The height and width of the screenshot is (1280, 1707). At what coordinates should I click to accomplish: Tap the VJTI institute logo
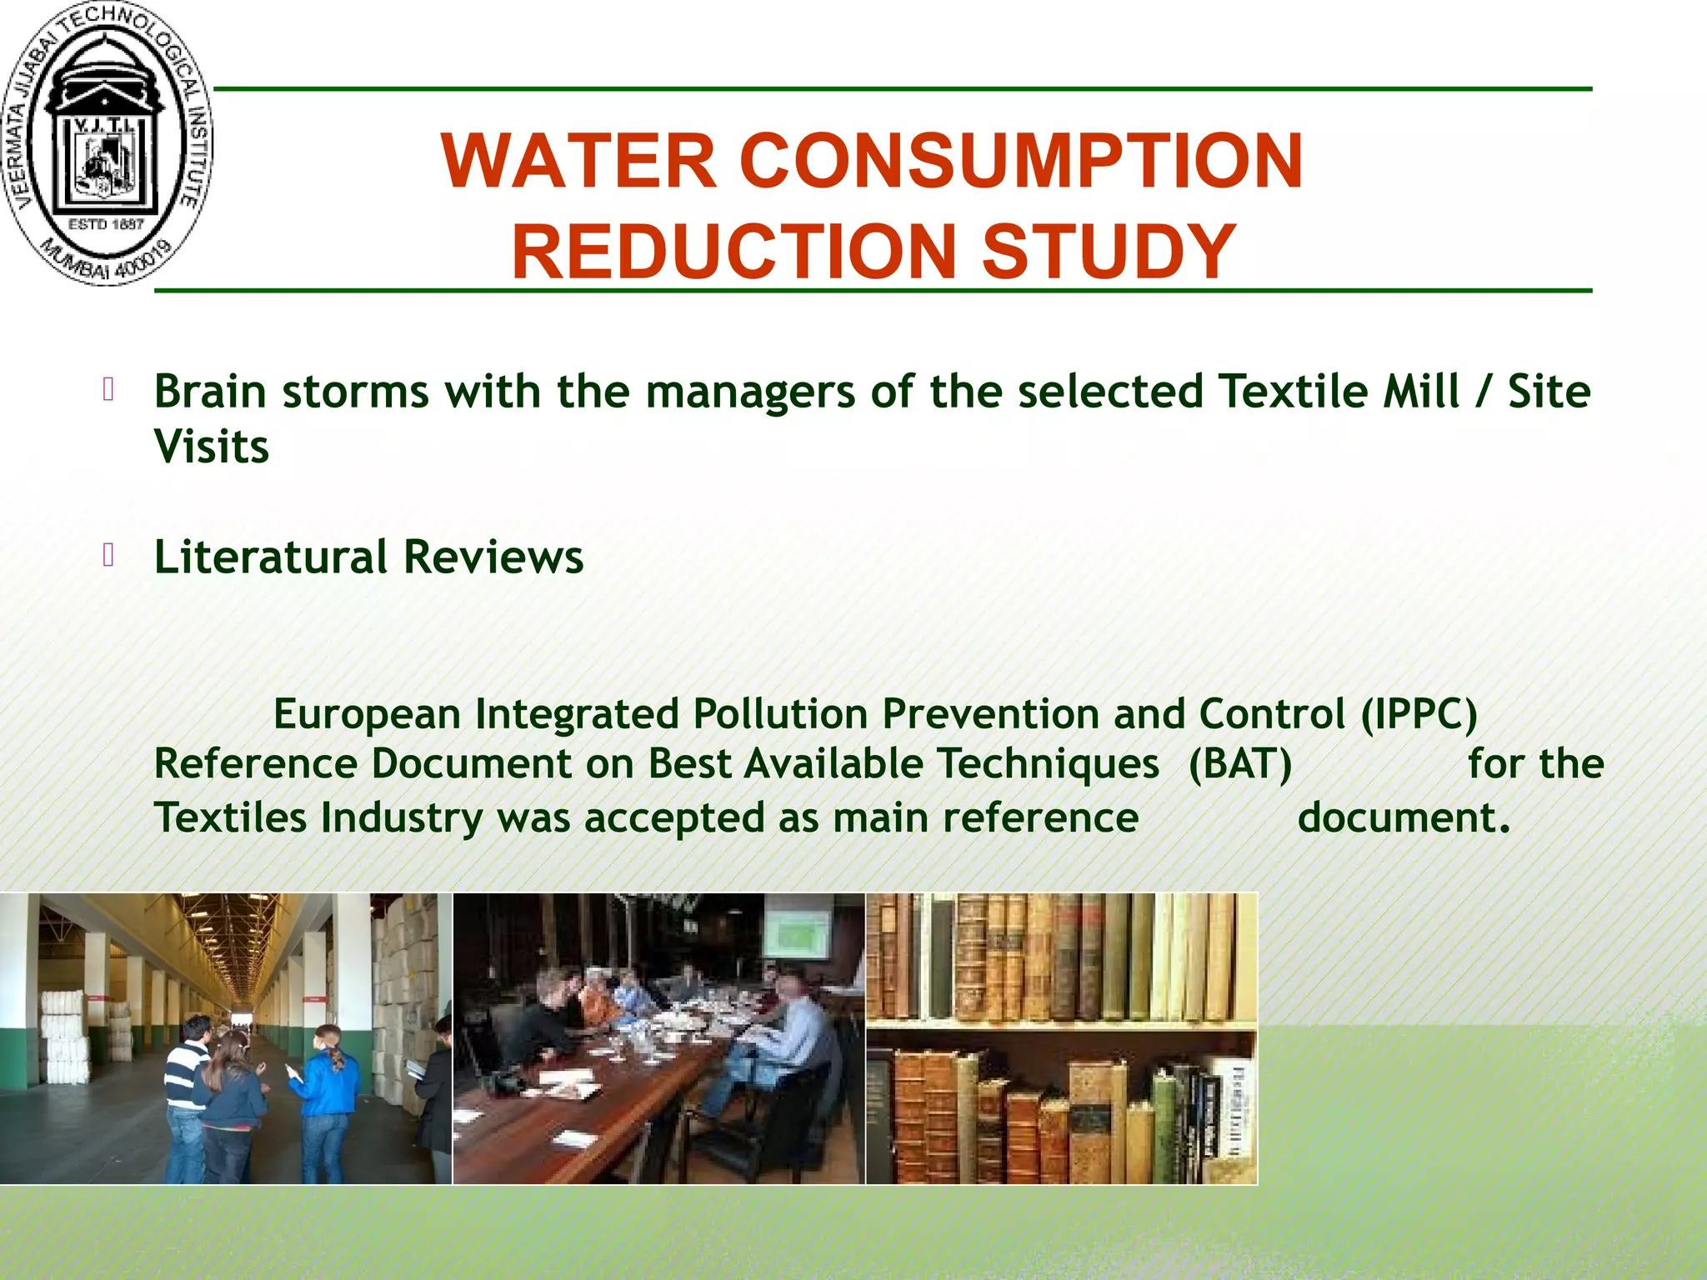coord(107,143)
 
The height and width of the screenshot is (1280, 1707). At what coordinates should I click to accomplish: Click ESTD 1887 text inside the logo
coord(106,224)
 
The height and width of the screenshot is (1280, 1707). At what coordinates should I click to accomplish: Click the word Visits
coord(212,447)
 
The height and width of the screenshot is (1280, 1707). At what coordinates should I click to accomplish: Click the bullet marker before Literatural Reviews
coord(108,555)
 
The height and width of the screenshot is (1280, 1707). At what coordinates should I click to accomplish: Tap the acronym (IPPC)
coord(1419,715)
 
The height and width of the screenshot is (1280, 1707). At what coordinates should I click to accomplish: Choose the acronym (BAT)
coord(1240,764)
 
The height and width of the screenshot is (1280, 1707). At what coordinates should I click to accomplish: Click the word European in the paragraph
coord(367,715)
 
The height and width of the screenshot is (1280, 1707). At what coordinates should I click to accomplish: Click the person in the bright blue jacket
coord(327,1100)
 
